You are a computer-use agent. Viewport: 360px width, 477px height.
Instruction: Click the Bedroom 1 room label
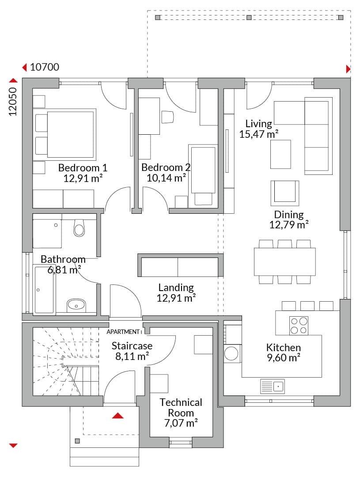(x=83, y=168)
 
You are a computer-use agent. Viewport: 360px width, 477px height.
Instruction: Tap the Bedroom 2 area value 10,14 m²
(x=166, y=178)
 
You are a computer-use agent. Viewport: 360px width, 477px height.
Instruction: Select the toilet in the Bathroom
(x=79, y=228)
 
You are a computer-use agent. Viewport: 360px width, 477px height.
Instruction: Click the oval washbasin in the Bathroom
(x=76, y=304)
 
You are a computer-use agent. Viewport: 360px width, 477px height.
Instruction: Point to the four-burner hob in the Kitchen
(x=299, y=326)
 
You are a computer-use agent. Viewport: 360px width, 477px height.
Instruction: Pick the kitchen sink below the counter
(x=273, y=386)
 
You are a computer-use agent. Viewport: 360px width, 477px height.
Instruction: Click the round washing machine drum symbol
(x=231, y=354)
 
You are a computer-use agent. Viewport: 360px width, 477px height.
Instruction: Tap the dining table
(x=285, y=262)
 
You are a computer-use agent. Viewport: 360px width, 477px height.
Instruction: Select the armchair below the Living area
(x=285, y=193)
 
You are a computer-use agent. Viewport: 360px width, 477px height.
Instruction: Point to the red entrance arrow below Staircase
(x=118, y=416)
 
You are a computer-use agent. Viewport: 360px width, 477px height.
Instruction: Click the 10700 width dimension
(x=45, y=67)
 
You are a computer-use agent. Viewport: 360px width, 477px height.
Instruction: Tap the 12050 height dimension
(x=13, y=101)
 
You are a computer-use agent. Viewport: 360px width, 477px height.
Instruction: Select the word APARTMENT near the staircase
(x=123, y=332)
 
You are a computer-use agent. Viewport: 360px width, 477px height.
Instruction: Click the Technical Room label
(x=181, y=408)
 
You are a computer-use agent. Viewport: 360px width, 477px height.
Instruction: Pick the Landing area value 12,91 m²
(x=176, y=298)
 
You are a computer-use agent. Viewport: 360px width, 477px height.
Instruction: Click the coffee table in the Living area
(x=281, y=154)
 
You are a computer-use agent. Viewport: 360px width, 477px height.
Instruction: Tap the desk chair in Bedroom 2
(x=167, y=117)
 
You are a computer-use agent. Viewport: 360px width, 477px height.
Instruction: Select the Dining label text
(x=289, y=215)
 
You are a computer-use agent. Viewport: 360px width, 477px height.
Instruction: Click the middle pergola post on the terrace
(x=249, y=17)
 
